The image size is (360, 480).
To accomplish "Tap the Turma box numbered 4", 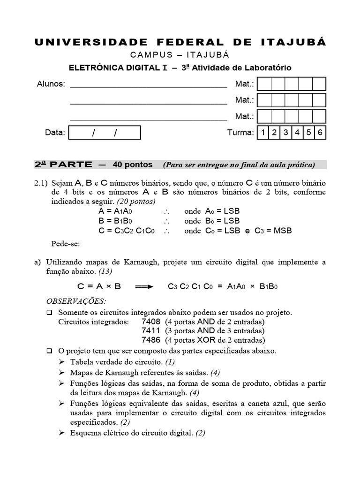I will (297, 133).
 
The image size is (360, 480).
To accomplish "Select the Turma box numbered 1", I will (263, 133).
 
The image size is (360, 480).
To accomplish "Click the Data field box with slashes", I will (105, 133).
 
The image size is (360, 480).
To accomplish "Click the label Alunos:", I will (51, 84).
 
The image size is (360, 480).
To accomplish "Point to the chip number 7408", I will (151, 322).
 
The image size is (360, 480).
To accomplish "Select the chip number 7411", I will (151, 331).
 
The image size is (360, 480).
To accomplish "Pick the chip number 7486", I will (151, 340).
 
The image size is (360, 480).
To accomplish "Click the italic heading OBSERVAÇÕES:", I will (76, 300).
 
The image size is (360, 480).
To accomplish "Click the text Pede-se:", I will (65, 244).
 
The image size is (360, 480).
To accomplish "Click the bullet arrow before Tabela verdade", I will (62, 362).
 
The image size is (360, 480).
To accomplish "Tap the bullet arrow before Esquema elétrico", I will (62, 434).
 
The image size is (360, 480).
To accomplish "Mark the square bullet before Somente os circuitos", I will (50, 312).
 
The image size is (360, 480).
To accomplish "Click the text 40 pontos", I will (133, 165).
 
